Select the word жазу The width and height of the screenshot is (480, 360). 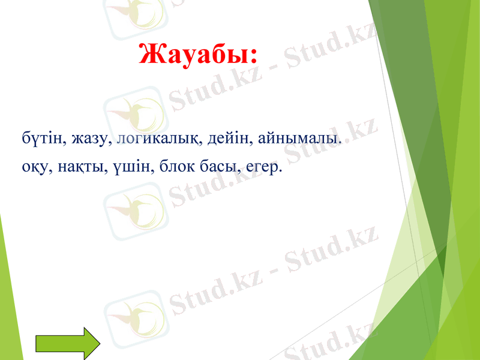(x=89, y=139)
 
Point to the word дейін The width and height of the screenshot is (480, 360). (x=224, y=139)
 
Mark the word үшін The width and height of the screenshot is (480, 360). (x=125, y=166)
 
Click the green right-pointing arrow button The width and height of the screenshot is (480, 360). (x=67, y=345)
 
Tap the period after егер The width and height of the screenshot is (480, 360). (x=280, y=171)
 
